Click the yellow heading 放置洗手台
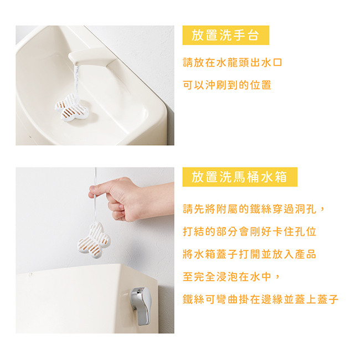[x=225, y=35]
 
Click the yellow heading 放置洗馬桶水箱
[x=239, y=177]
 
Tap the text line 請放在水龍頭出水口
[x=233, y=63]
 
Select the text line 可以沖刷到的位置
[x=227, y=85]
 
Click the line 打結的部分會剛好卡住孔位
[x=250, y=232]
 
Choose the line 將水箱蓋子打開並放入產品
[x=250, y=254]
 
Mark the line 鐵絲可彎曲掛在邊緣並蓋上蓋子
[x=261, y=299]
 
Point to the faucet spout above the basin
[x=92, y=57]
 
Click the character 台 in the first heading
[x=253, y=35]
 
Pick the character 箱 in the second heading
[x=281, y=177]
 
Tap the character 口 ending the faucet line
[x=277, y=63]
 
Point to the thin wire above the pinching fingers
[x=95, y=177]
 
